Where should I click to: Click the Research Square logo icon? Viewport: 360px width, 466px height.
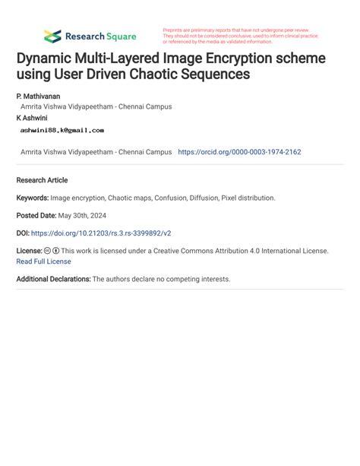(52, 36)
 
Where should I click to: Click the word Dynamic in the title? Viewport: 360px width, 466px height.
(47, 59)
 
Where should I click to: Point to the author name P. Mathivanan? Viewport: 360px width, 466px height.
(38, 97)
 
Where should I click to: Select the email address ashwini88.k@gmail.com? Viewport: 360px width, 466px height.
(62, 130)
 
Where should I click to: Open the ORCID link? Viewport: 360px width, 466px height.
(239, 152)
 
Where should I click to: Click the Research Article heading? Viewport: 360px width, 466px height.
(42, 180)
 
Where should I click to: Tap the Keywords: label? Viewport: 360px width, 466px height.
(33, 198)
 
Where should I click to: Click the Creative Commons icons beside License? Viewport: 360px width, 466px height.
(51, 250)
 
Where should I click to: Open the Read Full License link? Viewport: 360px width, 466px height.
(43, 261)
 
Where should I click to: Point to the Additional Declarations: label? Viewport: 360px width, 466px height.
(53, 279)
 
